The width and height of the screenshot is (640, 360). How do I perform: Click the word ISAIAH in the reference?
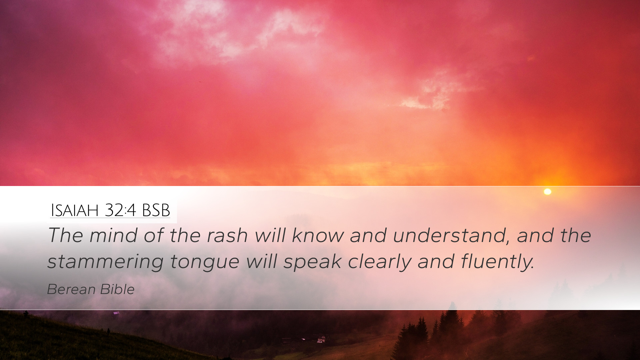click(75, 210)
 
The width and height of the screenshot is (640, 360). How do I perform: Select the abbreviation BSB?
click(156, 210)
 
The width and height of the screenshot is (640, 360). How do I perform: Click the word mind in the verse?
click(113, 235)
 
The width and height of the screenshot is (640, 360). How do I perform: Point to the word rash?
click(227, 235)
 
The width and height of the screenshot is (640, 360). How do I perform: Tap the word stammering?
click(105, 262)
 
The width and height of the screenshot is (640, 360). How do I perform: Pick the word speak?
click(312, 262)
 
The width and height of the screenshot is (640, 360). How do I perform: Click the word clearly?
click(379, 262)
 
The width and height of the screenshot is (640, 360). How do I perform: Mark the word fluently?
click(498, 262)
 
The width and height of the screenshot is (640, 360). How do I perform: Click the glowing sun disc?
click(547, 191)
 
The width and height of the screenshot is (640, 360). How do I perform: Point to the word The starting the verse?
click(65, 235)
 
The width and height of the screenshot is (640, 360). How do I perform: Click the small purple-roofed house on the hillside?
click(116, 313)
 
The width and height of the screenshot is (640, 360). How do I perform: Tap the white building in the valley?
click(321, 339)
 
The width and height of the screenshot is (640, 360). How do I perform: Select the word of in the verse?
click(153, 235)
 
